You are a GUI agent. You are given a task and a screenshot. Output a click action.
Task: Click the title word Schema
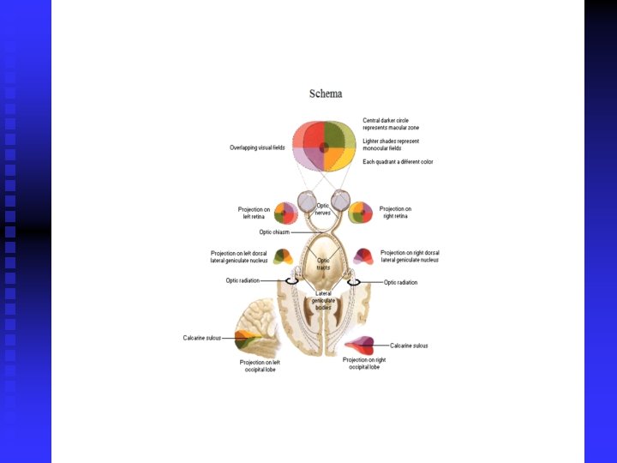click(x=326, y=93)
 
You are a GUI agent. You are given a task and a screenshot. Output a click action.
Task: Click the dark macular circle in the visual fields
click(x=324, y=147)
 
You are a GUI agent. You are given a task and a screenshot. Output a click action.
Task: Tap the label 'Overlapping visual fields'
click(x=256, y=147)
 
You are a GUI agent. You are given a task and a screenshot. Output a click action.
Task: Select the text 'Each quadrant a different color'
click(x=398, y=161)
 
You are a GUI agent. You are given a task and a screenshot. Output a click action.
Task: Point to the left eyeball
click(x=308, y=202)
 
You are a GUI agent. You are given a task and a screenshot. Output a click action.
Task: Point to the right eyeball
click(x=340, y=201)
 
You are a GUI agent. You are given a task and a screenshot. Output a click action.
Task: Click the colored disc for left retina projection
click(x=285, y=213)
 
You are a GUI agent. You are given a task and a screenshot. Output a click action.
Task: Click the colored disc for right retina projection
click(x=361, y=212)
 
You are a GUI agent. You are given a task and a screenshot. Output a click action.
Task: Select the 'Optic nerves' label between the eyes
click(x=323, y=208)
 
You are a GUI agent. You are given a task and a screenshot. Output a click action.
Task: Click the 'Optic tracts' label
click(x=323, y=264)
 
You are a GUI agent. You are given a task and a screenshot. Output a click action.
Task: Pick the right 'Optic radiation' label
click(x=401, y=282)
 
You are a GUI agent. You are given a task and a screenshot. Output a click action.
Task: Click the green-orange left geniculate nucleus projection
click(x=282, y=256)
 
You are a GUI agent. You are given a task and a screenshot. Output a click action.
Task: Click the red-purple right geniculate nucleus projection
click(x=364, y=256)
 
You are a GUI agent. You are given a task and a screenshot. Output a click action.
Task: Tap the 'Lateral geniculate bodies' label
click(x=322, y=300)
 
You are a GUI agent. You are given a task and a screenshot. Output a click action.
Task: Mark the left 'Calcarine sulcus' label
click(x=201, y=338)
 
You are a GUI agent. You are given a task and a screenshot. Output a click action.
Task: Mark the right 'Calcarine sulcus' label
click(x=409, y=346)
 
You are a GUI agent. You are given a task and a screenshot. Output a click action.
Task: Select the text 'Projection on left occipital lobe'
click(x=260, y=366)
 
